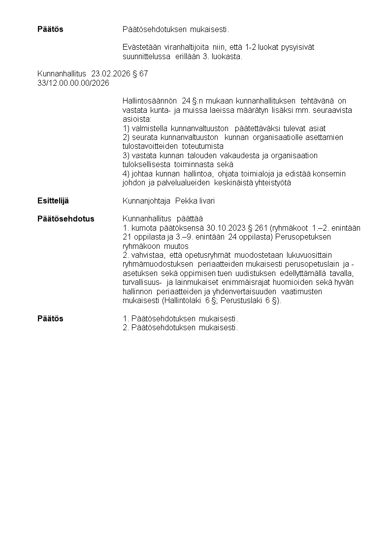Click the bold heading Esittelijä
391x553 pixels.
53,201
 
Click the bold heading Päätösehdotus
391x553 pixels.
65,218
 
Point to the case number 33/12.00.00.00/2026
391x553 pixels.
73,82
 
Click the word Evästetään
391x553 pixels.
140,47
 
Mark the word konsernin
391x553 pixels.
329,173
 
